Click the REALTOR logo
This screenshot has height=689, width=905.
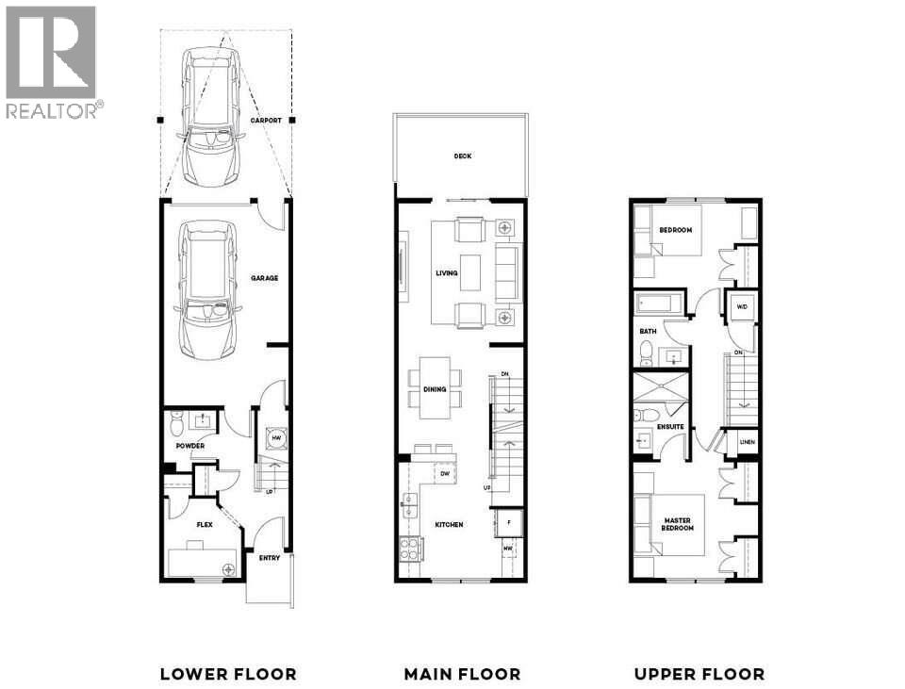pyautogui.click(x=51, y=62)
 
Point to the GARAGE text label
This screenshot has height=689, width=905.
pyautogui.click(x=265, y=278)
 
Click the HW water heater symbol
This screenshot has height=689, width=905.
pyautogui.click(x=276, y=438)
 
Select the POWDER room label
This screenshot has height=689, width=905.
pyautogui.click(x=189, y=446)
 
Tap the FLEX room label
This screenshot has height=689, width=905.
pyautogui.click(x=204, y=524)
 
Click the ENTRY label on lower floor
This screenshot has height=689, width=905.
pyautogui.click(x=270, y=558)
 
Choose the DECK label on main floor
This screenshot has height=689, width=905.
pyautogui.click(x=462, y=156)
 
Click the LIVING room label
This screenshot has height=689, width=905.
pyautogui.click(x=446, y=273)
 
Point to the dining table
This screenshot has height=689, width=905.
pyautogui.click(x=436, y=386)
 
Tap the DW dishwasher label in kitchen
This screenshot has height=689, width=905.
pyautogui.click(x=444, y=474)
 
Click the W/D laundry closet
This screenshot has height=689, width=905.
pyautogui.click(x=741, y=306)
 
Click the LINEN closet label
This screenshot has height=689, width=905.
pyautogui.click(x=747, y=442)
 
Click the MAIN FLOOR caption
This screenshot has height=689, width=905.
pyautogui.click(x=462, y=674)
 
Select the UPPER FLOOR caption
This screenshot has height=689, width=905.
pyautogui.click(x=699, y=674)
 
